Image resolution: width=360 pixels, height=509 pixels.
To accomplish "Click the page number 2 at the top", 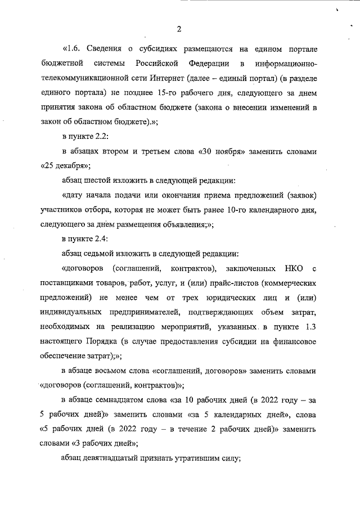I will click(x=179, y=29).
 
